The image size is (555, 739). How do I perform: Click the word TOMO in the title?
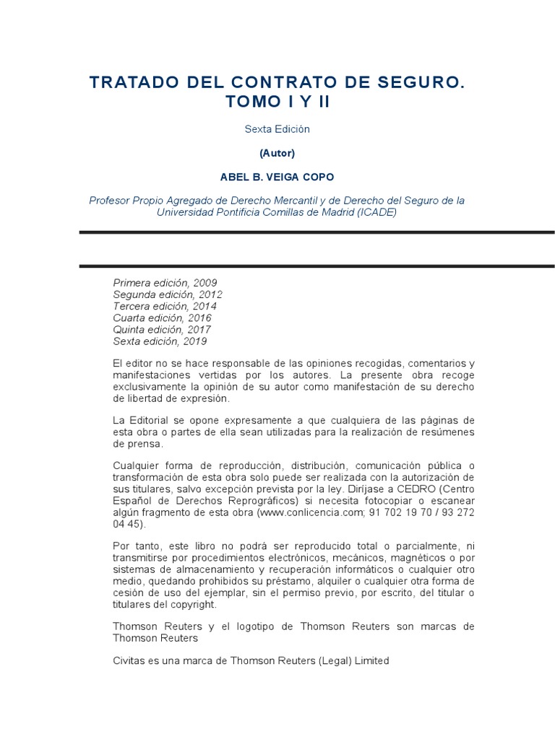pyautogui.click(x=251, y=102)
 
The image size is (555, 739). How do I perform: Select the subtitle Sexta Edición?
pyautogui.click(x=277, y=129)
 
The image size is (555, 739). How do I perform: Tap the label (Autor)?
pyautogui.click(x=277, y=153)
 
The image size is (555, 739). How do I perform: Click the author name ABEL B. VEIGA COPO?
pyautogui.click(x=277, y=177)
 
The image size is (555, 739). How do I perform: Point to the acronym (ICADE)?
pyautogui.click(x=377, y=213)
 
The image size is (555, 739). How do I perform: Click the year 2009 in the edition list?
pyautogui.click(x=205, y=283)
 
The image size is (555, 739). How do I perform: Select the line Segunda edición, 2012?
pyautogui.click(x=168, y=294)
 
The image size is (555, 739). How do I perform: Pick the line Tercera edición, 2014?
pyautogui.click(x=165, y=306)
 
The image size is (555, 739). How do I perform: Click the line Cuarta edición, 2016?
pyautogui.click(x=163, y=318)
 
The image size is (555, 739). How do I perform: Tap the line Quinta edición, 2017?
pyautogui.click(x=162, y=330)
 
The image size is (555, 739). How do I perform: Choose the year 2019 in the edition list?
pyautogui.click(x=195, y=341)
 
